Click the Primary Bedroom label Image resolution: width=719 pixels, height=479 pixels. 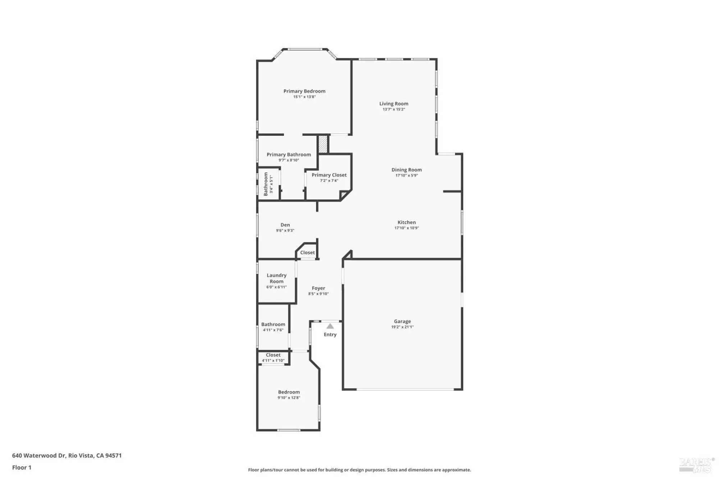pos(304,91)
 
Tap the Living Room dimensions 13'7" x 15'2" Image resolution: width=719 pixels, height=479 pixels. pos(394,109)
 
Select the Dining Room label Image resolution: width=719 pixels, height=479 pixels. pos(407,170)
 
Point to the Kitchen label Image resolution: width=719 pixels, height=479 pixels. pos(407,222)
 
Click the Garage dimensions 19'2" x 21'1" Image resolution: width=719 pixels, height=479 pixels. pos(402,327)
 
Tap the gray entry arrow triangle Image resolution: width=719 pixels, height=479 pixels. pos(330,326)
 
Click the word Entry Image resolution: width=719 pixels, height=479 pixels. pos(330,335)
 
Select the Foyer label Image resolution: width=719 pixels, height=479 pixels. pos(318,288)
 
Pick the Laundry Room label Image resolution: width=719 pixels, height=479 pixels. pos(276,278)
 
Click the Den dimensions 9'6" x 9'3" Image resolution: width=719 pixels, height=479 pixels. pos(285,231)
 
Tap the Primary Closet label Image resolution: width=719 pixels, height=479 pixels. pos(329,175)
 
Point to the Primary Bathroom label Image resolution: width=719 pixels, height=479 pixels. pos(289,155)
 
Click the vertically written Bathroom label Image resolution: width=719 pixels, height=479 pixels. pos(266,184)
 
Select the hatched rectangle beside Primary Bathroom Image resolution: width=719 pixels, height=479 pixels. pos(323,144)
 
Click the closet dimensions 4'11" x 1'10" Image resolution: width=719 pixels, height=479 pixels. pos(273,360)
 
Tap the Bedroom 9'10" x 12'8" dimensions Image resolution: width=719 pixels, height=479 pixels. pos(289,398)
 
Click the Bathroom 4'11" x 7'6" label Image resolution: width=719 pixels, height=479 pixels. pos(273,324)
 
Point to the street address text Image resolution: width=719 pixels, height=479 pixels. pos(67,456)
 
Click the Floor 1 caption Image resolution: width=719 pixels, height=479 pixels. pos(22,468)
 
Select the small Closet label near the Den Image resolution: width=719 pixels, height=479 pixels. pos(307,253)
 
